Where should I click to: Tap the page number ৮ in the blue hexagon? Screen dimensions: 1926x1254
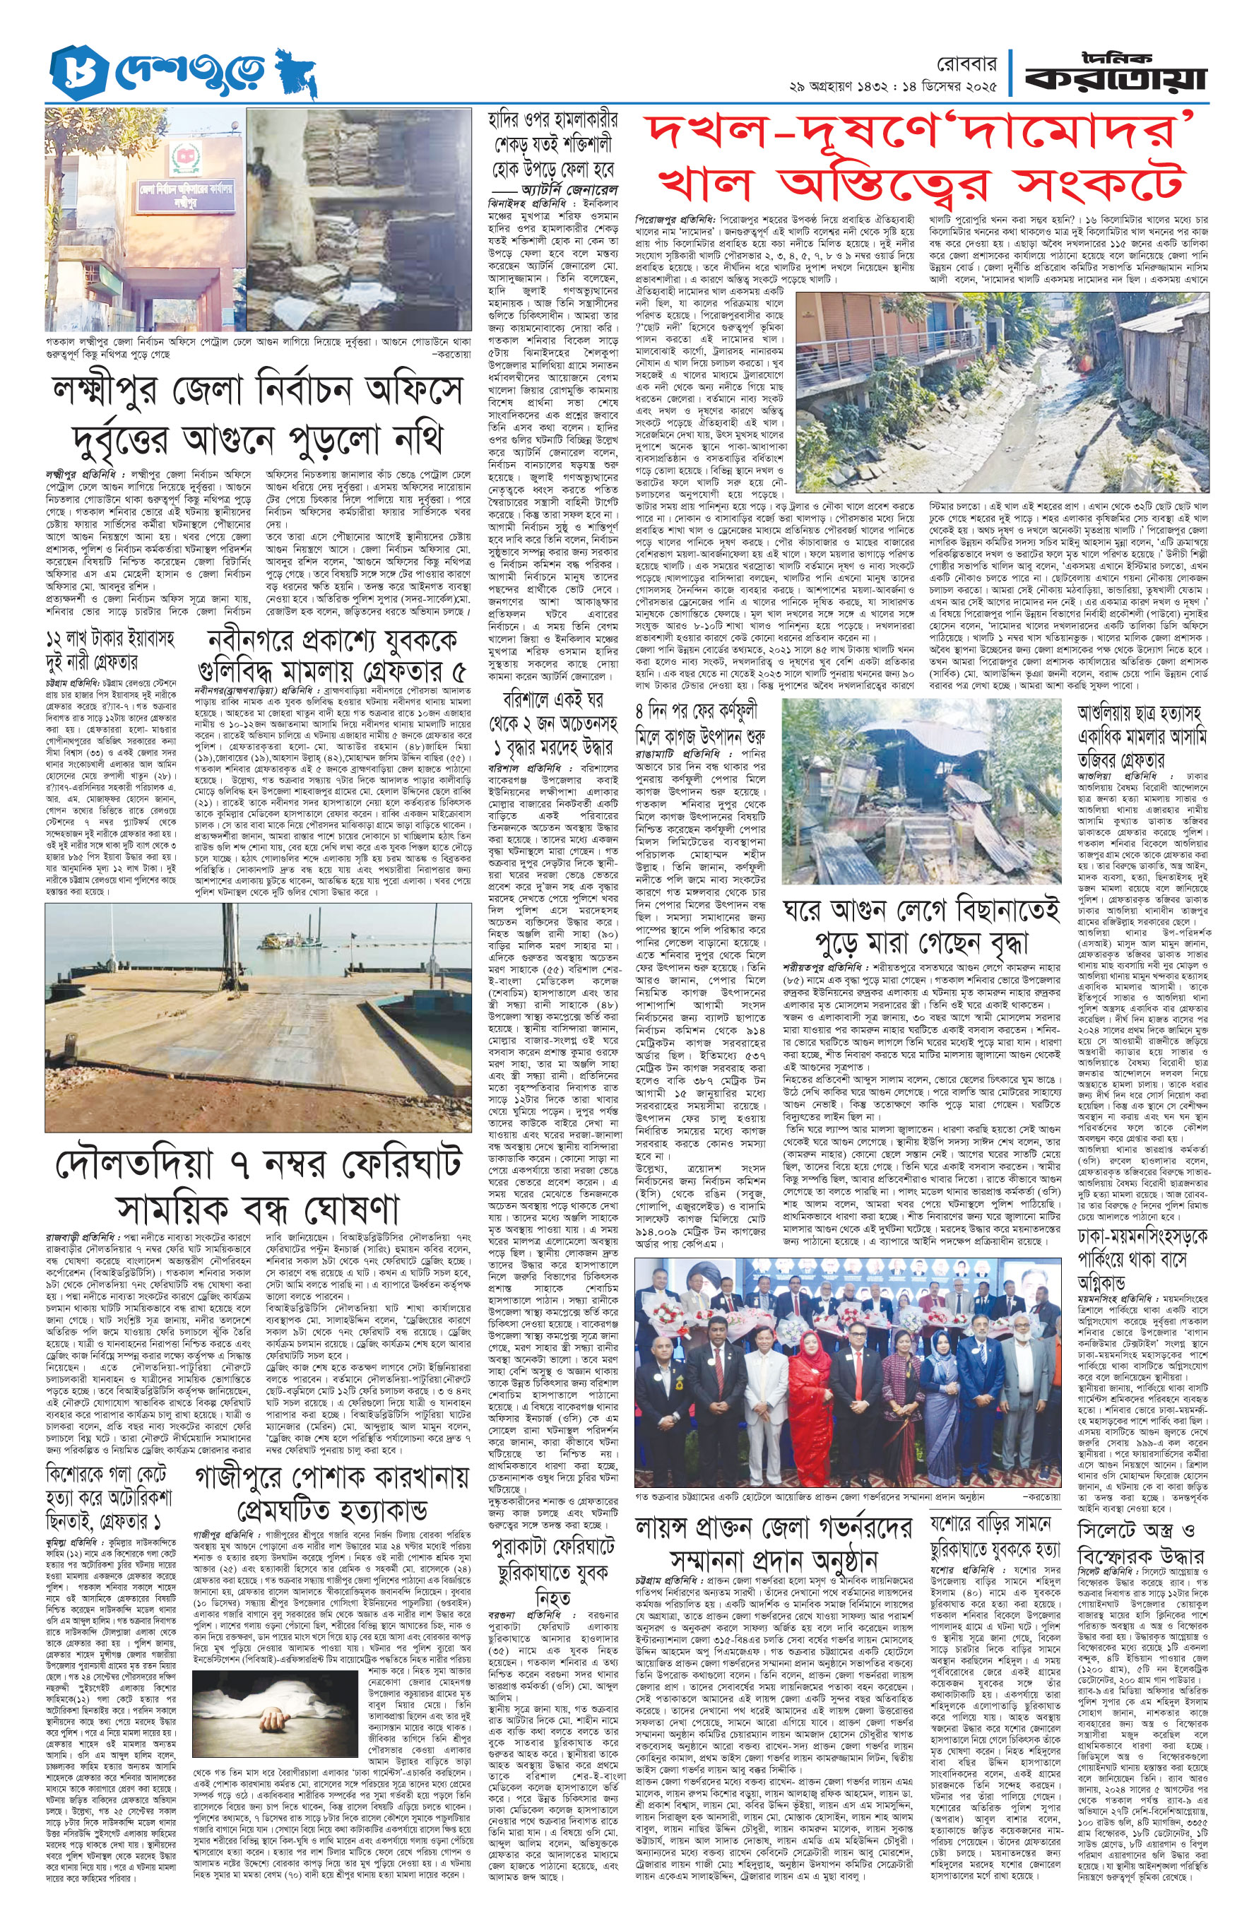pyautogui.click(x=71, y=72)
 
